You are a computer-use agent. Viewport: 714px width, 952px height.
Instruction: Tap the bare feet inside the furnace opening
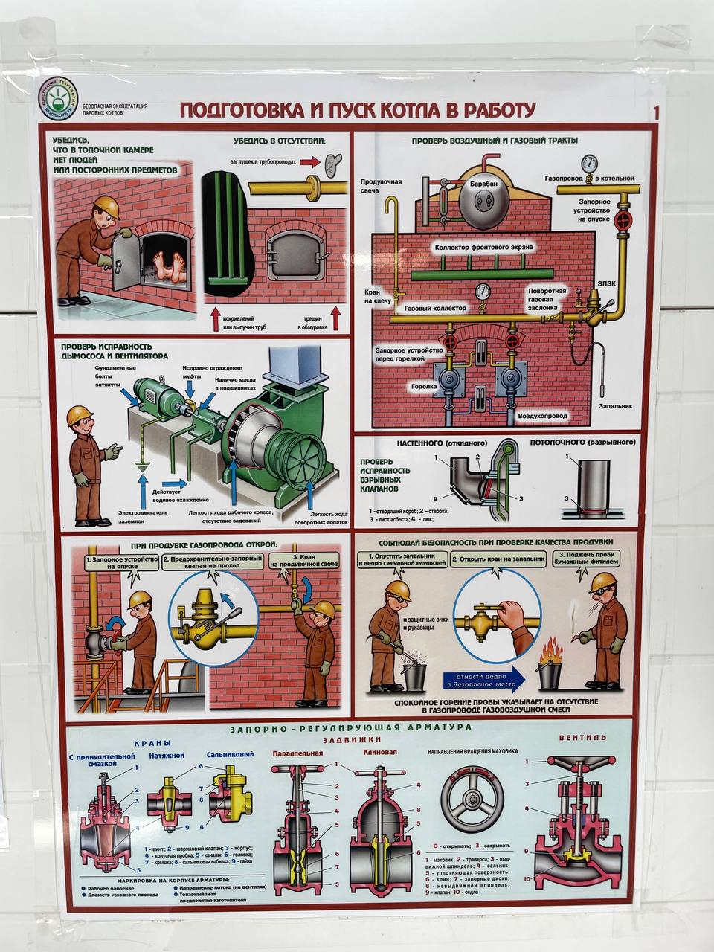pyautogui.click(x=167, y=265)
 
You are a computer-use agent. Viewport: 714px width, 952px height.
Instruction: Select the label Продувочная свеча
pyautogui.click(x=382, y=186)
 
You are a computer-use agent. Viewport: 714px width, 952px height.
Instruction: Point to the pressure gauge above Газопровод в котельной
pyautogui.click(x=589, y=162)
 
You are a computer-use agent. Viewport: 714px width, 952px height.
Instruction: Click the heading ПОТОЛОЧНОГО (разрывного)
pyautogui.click(x=582, y=442)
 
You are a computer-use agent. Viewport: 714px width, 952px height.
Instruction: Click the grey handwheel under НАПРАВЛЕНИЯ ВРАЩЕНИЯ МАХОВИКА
pyautogui.click(x=472, y=800)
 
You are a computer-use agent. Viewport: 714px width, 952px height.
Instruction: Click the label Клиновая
pyautogui.click(x=379, y=752)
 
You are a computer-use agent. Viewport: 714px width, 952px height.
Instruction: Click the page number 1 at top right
pyautogui.click(x=655, y=113)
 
